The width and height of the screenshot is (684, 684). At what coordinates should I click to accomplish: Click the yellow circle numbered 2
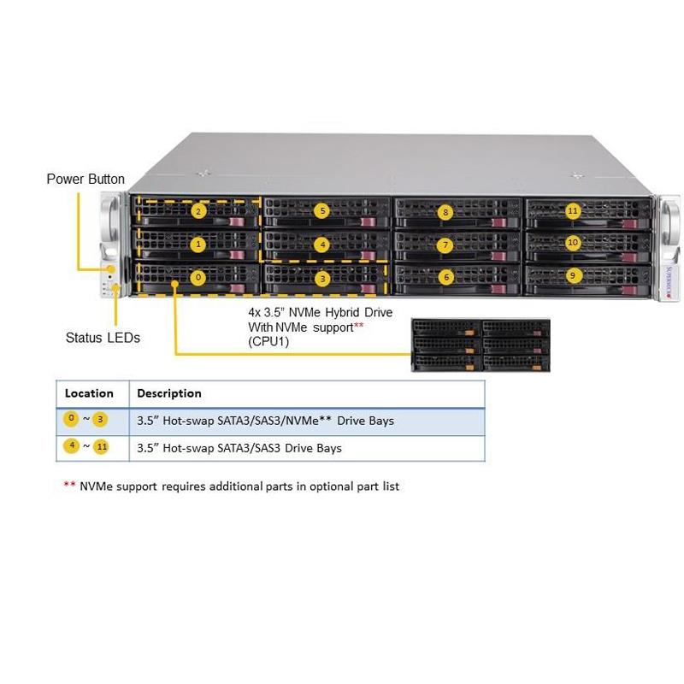pyautogui.click(x=198, y=210)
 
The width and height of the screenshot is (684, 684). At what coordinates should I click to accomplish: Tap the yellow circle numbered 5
pyautogui.click(x=321, y=210)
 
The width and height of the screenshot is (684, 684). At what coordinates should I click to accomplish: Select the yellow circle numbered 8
pyautogui.click(x=445, y=211)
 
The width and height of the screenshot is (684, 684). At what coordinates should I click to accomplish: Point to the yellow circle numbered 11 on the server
pyautogui.click(x=573, y=210)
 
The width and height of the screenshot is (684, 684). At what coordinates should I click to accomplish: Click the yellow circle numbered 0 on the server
pyautogui.click(x=198, y=277)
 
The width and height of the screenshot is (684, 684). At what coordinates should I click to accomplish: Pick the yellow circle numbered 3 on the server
pyautogui.click(x=321, y=278)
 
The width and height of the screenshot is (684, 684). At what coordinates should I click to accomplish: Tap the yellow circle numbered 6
pyautogui.click(x=445, y=277)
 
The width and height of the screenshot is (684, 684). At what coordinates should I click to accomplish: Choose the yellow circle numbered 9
pyautogui.click(x=573, y=275)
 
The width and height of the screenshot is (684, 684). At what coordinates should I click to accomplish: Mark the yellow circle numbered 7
pyautogui.click(x=445, y=245)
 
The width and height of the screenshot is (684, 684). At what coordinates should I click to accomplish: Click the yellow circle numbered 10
pyautogui.click(x=573, y=243)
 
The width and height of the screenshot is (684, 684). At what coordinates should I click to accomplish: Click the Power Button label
pyautogui.click(x=85, y=180)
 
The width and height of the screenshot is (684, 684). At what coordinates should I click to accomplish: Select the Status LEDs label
pyautogui.click(x=103, y=338)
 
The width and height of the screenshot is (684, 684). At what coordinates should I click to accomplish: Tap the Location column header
pyautogui.click(x=89, y=393)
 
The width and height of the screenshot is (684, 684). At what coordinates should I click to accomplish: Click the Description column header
pyautogui.click(x=169, y=393)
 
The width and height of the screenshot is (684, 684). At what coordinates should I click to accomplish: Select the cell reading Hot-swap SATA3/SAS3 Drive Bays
pyautogui.click(x=239, y=448)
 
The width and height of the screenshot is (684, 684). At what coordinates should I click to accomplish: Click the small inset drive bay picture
pyautogui.click(x=481, y=345)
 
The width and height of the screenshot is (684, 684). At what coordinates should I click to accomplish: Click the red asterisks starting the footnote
pyautogui.click(x=69, y=486)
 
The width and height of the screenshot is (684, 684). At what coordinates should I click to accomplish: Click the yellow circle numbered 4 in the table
pyautogui.click(x=72, y=446)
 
